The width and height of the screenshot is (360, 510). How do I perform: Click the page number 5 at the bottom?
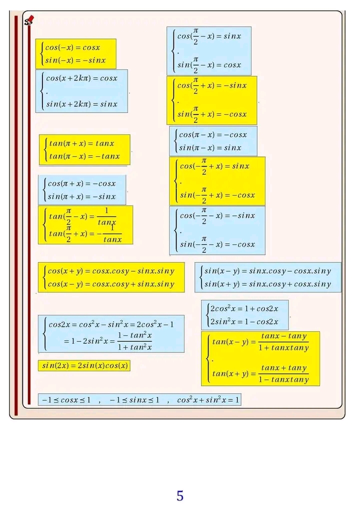(180, 495)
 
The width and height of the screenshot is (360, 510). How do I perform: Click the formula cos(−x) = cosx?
(72, 48)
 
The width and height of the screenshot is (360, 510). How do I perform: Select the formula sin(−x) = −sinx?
(75, 61)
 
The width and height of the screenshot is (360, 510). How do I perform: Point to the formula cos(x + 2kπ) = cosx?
(81, 78)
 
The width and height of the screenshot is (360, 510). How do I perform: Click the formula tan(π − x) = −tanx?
(84, 156)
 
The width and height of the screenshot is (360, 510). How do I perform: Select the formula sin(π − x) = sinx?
(210, 148)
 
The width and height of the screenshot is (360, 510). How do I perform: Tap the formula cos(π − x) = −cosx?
(213, 135)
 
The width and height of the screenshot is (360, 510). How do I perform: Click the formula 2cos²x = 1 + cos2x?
(244, 308)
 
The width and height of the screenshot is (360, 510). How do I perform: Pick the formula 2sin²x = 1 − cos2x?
(244, 321)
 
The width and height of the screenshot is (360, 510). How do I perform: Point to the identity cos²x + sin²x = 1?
(208, 400)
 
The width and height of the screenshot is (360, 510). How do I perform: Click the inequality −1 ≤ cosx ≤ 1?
(66, 400)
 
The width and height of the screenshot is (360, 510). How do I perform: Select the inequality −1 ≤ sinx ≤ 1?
(134, 400)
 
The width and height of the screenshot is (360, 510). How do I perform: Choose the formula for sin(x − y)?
(267, 271)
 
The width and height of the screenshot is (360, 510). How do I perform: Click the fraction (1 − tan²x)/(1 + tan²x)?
(134, 341)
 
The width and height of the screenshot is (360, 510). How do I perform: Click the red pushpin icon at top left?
(29, 20)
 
